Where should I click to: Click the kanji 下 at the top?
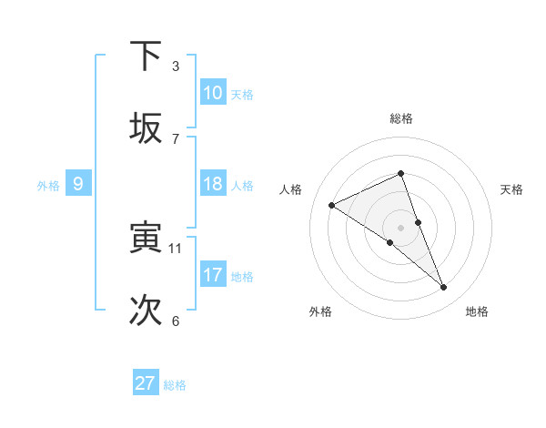click(x=146, y=56)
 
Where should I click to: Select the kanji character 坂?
click(x=146, y=128)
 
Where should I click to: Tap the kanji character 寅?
click(x=146, y=239)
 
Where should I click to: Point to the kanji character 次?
click(x=146, y=311)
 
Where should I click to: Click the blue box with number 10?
click(x=213, y=93)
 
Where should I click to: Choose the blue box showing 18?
click(x=213, y=184)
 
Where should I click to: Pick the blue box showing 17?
click(x=213, y=274)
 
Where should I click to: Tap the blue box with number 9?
click(x=78, y=184)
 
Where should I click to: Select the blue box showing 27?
click(x=146, y=383)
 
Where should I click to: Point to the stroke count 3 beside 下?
click(x=176, y=66)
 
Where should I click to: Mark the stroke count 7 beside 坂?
click(x=176, y=138)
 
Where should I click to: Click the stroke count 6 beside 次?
click(x=176, y=321)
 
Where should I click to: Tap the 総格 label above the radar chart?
click(x=401, y=118)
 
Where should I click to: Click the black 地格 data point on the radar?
click(x=444, y=288)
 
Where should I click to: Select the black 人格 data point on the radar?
click(x=331, y=206)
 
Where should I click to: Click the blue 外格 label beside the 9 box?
click(x=48, y=186)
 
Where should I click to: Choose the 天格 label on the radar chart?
click(x=512, y=189)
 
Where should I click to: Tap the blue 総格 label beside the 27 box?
click(x=175, y=385)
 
